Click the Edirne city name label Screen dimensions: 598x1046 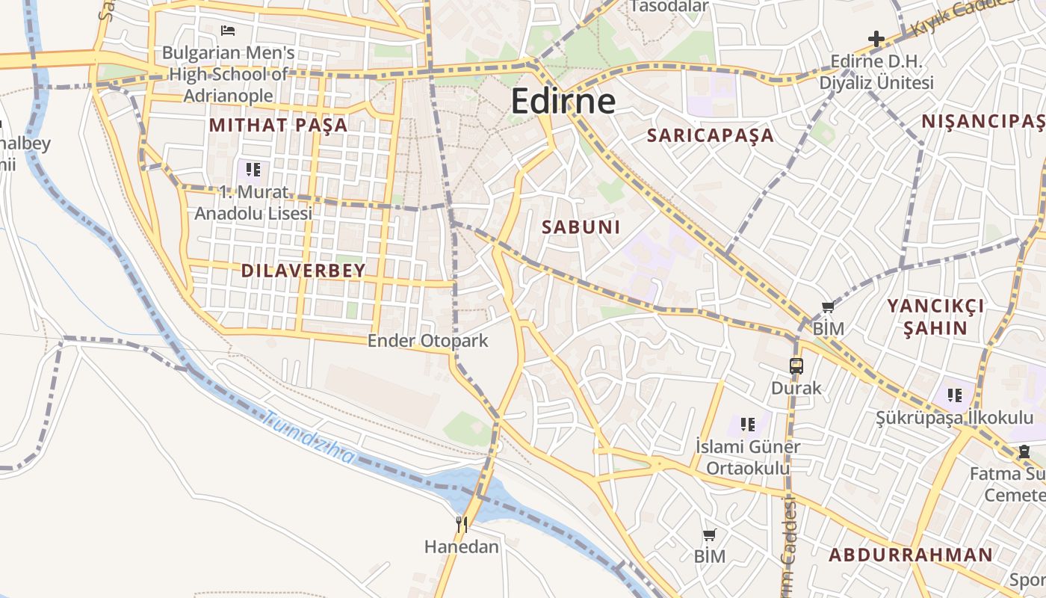tap(563, 102)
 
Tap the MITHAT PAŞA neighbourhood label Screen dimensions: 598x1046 tap(279, 125)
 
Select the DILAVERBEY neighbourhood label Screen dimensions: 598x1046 tap(303, 271)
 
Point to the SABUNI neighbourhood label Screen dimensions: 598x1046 tap(581, 227)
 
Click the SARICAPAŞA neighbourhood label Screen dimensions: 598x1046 tap(711, 135)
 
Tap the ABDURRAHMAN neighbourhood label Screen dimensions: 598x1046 tap(911, 555)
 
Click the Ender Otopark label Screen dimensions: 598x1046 tap(427, 341)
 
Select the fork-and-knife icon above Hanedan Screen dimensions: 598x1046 tap(462, 525)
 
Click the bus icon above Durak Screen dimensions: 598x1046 tap(796, 366)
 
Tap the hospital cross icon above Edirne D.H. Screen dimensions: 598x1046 tap(876, 38)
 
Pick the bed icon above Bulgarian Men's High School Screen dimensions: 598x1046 tap(228, 31)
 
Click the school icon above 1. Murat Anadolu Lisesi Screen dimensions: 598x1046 tap(253, 170)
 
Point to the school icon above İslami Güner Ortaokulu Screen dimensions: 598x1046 tap(747, 425)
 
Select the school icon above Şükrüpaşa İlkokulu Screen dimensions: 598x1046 tap(954, 395)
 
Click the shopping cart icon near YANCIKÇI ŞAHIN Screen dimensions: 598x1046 tap(828, 306)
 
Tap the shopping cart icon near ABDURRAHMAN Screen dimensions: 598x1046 tap(709, 534)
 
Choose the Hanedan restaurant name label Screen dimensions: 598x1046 tap(461, 546)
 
